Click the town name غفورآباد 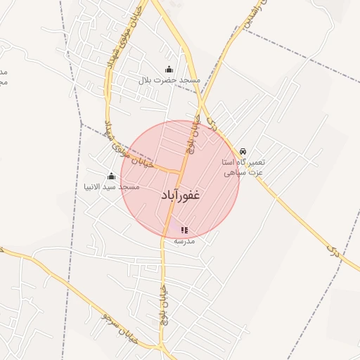pos(181,195)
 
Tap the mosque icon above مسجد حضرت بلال pos(169,69)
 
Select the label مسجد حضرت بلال pos(169,80)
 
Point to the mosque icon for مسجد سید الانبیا pos(111,176)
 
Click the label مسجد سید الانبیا pos(111,187)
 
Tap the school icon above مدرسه pos(184,230)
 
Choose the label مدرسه pos(184,241)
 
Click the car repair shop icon pos(243,151)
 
